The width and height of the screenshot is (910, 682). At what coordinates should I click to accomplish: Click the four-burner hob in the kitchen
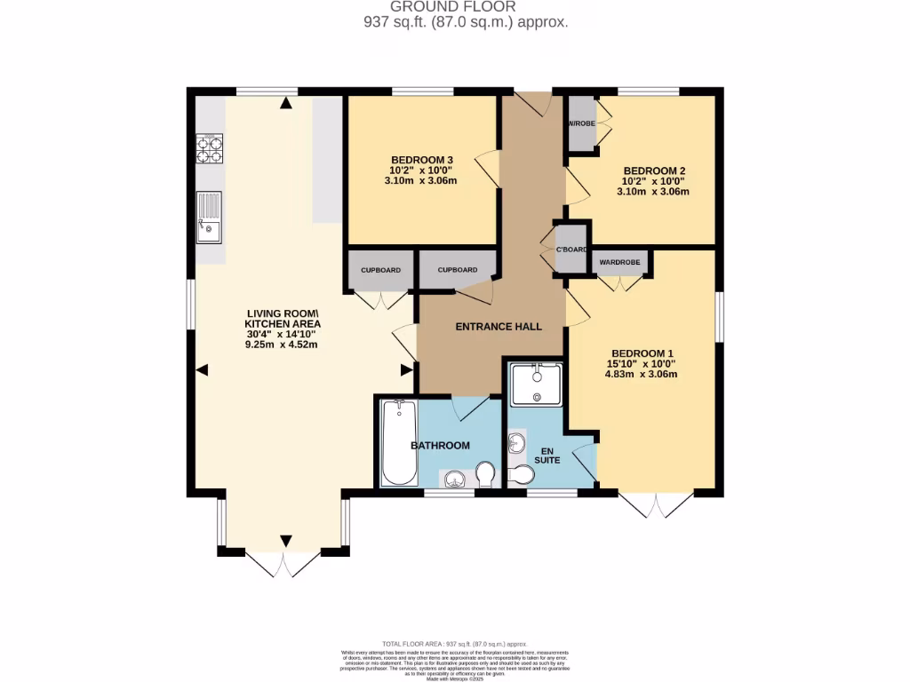(209, 148)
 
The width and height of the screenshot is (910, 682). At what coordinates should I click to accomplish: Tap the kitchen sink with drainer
(209, 218)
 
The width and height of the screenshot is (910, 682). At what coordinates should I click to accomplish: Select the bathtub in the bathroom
(397, 442)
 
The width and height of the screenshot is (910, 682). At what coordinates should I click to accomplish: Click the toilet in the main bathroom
(485, 474)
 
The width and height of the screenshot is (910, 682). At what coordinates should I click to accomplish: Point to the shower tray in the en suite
(537, 383)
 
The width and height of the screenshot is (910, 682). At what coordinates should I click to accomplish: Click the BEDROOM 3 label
(423, 160)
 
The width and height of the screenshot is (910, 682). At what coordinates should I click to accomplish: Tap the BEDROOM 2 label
(655, 170)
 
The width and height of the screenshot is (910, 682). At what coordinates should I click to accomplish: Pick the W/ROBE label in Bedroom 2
(581, 123)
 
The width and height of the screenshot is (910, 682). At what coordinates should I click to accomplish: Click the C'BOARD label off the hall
(571, 250)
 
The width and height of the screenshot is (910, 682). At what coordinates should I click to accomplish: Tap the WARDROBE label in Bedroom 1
(619, 262)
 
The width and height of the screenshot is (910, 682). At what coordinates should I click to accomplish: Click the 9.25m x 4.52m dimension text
(282, 345)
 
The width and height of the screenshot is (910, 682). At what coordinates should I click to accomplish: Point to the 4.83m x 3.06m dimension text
(641, 374)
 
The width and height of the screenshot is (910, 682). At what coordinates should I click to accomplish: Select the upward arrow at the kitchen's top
(285, 104)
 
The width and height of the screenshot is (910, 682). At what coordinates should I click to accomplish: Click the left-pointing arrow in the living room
(202, 370)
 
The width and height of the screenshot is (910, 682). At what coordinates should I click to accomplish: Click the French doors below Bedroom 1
(655, 504)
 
